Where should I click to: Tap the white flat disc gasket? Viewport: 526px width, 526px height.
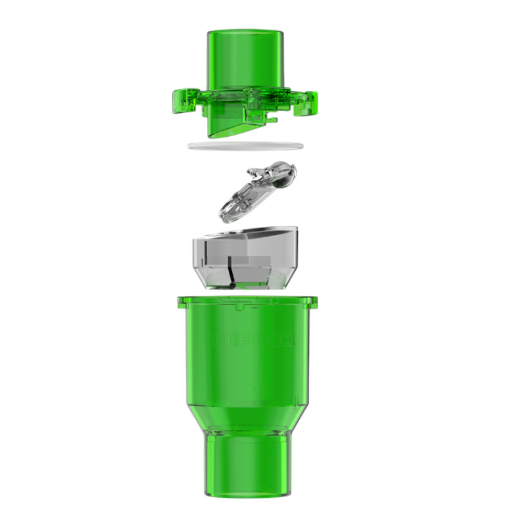point(246,145)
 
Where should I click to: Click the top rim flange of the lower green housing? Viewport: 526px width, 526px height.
point(247,301)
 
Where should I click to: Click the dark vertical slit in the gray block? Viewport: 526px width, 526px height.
point(231,273)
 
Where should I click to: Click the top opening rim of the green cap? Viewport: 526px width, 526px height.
point(247,32)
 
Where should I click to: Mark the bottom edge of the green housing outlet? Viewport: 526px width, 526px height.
point(247,494)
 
